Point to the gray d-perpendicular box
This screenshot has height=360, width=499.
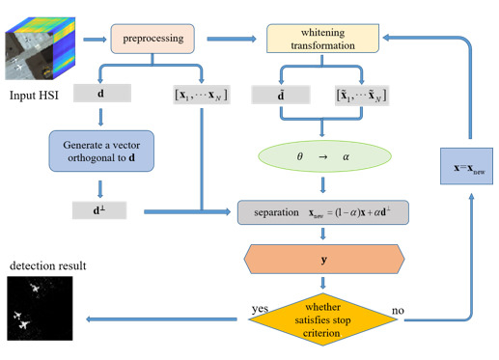pyautogui.click(x=102, y=208)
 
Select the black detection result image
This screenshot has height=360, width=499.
pyautogui.click(x=41, y=308)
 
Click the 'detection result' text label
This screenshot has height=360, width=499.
pyautogui.click(x=40, y=264)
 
